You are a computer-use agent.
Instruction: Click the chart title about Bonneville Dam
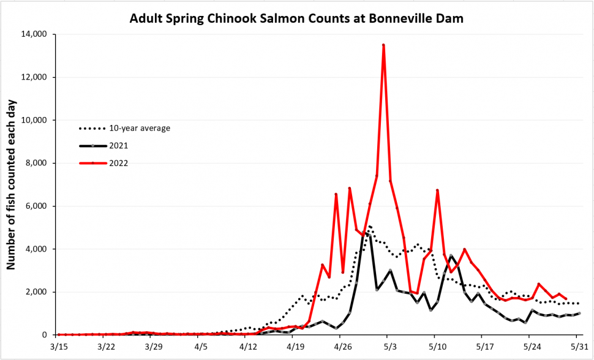(296, 18)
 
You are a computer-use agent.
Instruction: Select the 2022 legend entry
(104, 163)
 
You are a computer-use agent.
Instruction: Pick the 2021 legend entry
(104, 146)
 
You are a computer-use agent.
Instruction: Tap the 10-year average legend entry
(125, 129)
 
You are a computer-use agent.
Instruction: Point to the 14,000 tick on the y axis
(34, 34)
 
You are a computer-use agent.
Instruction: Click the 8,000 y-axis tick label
(36, 163)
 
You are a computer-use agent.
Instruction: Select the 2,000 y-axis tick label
(36, 292)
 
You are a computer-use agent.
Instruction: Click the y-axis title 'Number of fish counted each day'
(11, 184)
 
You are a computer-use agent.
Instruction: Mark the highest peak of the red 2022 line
(383, 45)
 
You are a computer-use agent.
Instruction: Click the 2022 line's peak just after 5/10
(437, 190)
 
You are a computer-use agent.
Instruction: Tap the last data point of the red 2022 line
(566, 299)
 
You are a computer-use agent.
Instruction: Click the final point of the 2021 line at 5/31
(579, 313)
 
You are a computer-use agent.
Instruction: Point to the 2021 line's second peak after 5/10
(451, 255)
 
